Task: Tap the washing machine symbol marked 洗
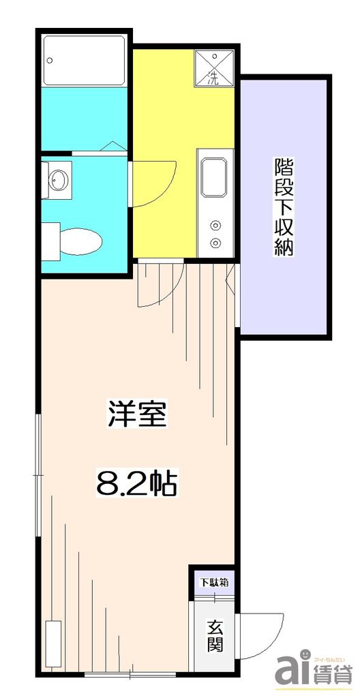[213, 68]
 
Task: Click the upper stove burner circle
[215, 225]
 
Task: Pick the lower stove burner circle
[215, 242]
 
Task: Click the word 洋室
[137, 414]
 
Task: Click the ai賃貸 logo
[313, 671]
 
